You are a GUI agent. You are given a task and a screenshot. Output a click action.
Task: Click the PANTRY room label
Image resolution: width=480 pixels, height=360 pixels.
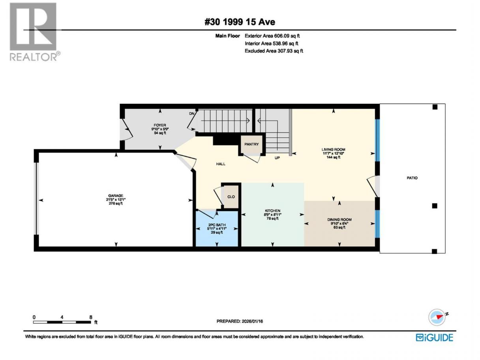click(x=251, y=144)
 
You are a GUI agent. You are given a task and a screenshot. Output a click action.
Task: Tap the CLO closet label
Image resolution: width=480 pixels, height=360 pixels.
click(x=231, y=197)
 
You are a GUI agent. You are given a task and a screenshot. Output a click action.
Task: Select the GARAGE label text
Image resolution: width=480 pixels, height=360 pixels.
click(x=116, y=196)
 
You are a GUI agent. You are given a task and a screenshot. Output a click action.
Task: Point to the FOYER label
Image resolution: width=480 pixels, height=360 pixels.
click(x=159, y=125)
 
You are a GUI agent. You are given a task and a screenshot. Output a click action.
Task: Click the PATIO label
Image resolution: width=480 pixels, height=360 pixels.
click(x=412, y=178)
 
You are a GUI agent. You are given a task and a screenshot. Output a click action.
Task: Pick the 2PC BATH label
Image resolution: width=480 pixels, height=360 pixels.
click(x=217, y=225)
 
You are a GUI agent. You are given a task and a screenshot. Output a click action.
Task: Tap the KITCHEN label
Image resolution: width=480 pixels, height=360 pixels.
click(x=272, y=210)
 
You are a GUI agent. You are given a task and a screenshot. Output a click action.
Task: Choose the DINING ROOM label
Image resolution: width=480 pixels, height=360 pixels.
click(x=339, y=219)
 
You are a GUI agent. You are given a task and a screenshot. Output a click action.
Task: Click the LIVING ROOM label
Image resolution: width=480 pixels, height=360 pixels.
click(x=333, y=150)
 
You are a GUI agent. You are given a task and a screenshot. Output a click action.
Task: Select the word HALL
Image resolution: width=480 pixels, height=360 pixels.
click(x=221, y=164)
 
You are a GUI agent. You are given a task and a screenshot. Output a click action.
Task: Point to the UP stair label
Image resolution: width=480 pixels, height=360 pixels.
click(x=277, y=157)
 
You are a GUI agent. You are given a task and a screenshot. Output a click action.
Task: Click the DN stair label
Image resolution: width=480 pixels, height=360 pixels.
click(x=191, y=114)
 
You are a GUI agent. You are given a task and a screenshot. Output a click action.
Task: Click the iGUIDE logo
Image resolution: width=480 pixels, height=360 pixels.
click(x=434, y=337)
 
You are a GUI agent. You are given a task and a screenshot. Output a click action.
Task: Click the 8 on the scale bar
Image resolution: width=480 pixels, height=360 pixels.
click(x=91, y=317)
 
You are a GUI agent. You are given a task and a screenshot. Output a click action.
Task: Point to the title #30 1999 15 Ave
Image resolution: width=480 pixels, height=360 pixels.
click(x=240, y=22)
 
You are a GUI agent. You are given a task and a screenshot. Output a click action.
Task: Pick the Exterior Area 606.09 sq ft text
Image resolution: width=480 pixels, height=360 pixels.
click(x=272, y=36)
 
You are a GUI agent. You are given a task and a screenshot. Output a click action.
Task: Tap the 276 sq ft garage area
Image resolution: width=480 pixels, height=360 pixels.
click(x=116, y=204)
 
